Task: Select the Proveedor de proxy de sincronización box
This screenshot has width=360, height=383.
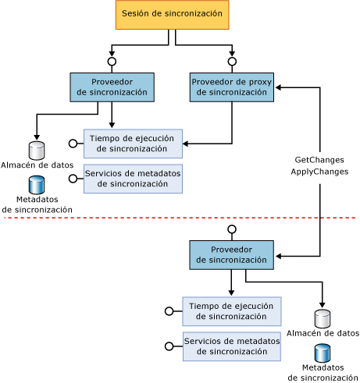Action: pos(231,87)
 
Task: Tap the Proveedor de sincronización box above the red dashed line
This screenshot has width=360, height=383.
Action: pos(112,87)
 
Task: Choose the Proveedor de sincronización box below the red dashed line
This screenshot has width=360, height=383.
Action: pos(231,254)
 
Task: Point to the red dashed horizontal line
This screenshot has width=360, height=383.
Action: pos(180,218)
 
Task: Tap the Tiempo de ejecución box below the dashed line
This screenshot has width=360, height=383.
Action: pos(231,311)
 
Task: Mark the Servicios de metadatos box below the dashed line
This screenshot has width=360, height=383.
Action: pos(231,346)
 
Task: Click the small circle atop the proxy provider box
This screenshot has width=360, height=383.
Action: pos(232,61)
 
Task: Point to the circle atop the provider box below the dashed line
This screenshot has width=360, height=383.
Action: pos(231,229)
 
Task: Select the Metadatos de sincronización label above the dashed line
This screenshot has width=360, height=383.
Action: pos(37,204)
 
